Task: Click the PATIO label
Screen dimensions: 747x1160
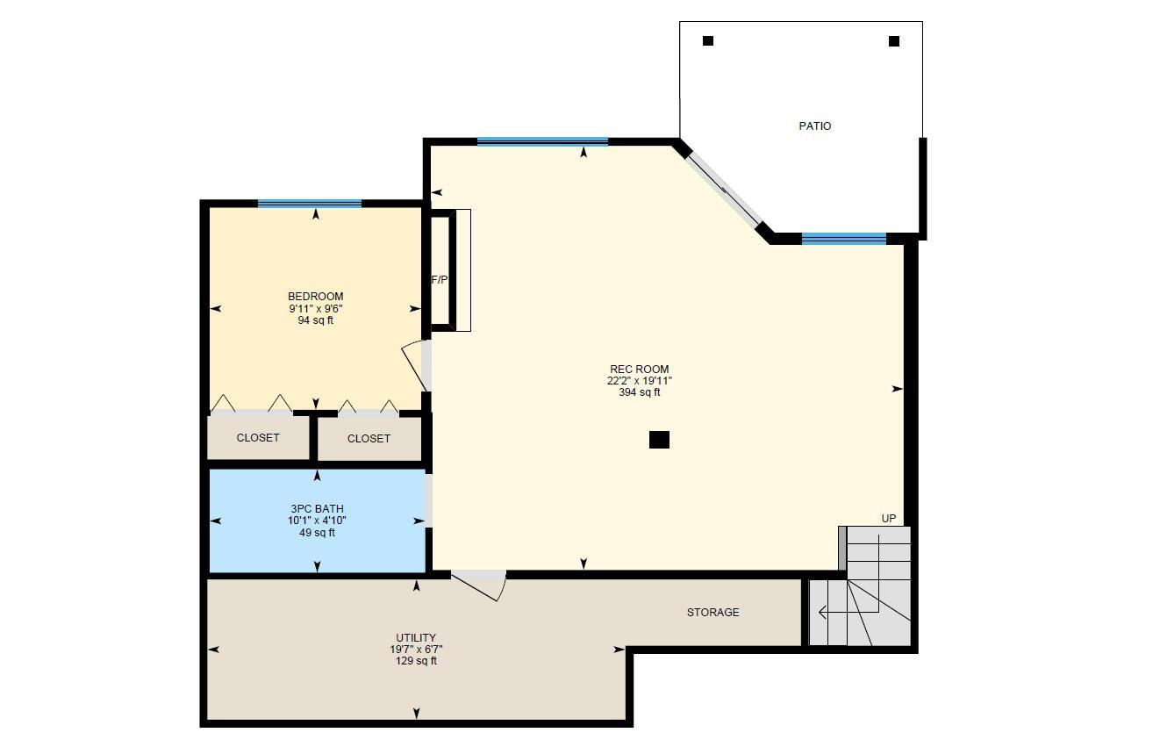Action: coord(814,126)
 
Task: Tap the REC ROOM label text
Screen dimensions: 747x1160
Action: coord(639,370)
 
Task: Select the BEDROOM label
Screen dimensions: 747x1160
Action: coord(315,297)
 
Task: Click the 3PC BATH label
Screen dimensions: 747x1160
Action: coord(317,509)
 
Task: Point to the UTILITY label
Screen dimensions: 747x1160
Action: coord(416,638)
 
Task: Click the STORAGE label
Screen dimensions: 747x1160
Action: coord(712,613)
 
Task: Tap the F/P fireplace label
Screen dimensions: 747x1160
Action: coord(440,280)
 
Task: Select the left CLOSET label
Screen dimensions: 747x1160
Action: coord(258,438)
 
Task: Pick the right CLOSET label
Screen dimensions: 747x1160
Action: coord(369,439)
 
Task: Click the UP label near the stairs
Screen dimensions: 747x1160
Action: coord(889,519)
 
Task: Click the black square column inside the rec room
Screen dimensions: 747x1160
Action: coord(659,440)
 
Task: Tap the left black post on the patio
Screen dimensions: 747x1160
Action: coord(708,40)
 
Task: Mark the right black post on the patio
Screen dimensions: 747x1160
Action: coord(894,41)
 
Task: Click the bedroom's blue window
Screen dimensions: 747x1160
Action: coord(310,204)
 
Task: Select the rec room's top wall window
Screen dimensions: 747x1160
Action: coord(542,141)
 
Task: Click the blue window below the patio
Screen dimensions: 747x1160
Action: coord(843,238)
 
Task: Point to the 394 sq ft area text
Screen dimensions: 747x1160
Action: coord(639,392)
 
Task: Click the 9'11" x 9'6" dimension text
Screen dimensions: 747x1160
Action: coord(315,309)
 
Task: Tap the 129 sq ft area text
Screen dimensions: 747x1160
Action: coord(416,661)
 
